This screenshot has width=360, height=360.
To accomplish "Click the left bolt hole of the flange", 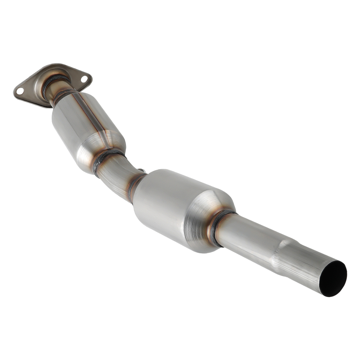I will (20, 91).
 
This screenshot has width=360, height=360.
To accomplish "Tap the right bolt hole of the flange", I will (84, 78).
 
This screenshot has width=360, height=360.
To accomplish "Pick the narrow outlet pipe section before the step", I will (248, 236).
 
